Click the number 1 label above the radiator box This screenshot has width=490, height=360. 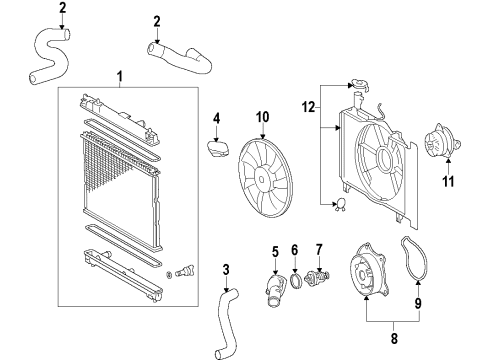pyautogui.click(x=120, y=77)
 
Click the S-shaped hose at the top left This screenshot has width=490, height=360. pyautogui.click(x=46, y=56)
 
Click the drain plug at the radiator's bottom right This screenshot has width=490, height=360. pyautogui.click(x=182, y=271)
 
